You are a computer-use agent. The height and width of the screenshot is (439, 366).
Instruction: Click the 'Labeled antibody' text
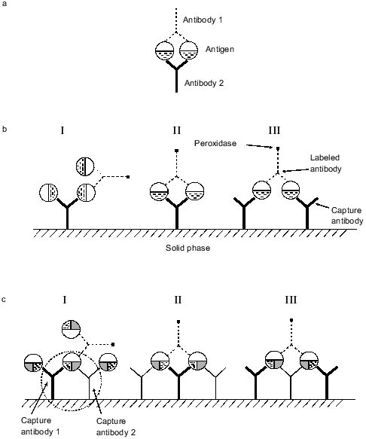(x=327, y=163)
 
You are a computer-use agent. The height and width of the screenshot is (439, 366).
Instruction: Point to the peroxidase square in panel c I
(x=112, y=344)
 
